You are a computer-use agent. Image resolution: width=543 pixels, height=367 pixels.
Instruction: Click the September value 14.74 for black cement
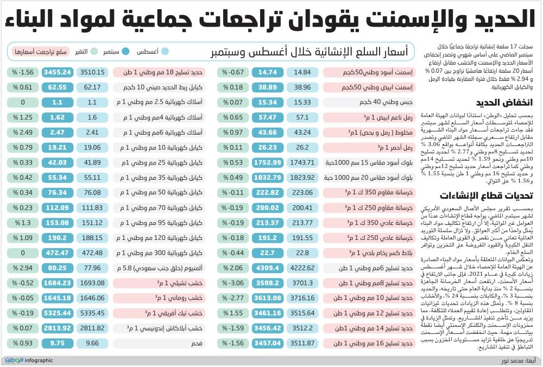tap(268, 72)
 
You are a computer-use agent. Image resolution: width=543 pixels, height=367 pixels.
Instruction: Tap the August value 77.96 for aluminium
tap(92, 268)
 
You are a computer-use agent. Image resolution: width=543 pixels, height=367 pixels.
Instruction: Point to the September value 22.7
tap(268, 253)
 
